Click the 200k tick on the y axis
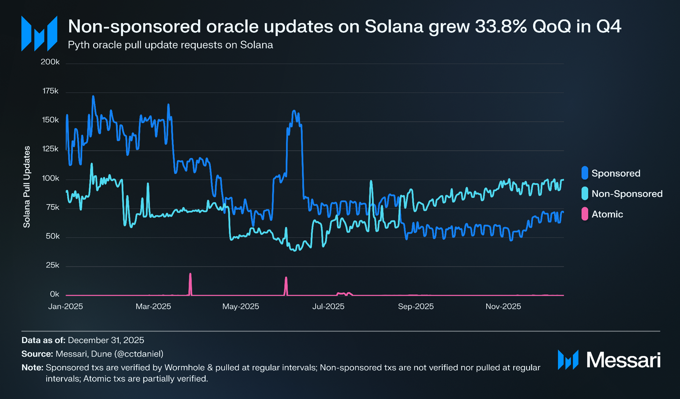click(x=50, y=62)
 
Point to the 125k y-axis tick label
click(x=50, y=149)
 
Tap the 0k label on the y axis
click(x=54, y=294)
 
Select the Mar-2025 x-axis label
click(x=153, y=307)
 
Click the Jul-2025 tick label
click(x=328, y=307)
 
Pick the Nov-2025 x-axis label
click(x=503, y=307)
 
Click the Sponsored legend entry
click(x=616, y=173)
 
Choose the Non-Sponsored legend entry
click(x=627, y=194)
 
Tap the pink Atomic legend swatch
click(x=584, y=214)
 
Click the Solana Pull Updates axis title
click(x=27, y=187)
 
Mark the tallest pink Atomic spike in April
click(x=190, y=274)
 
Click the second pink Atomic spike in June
click(x=286, y=278)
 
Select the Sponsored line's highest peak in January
click(x=93, y=96)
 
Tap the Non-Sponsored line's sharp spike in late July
click(x=371, y=181)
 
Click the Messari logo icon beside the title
click(x=39, y=33)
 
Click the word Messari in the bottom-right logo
click(x=623, y=360)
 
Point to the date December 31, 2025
click(x=106, y=340)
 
